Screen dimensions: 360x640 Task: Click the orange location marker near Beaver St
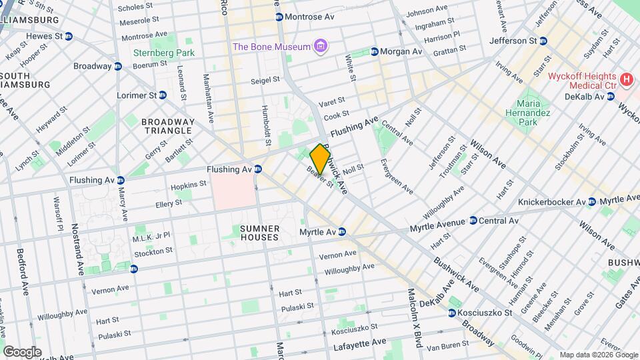[x=320, y=159]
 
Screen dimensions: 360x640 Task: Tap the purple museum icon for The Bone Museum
[x=321, y=47]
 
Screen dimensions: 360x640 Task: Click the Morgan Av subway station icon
[x=375, y=51]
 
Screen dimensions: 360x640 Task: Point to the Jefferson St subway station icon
[x=543, y=41]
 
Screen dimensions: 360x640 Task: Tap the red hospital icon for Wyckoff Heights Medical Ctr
[x=626, y=81]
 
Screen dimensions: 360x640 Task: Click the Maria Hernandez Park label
[x=536, y=113]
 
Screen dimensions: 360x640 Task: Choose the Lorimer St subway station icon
[x=163, y=95]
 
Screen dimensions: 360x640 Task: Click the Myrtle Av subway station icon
[x=341, y=232]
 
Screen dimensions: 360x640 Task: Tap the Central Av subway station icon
[x=473, y=221]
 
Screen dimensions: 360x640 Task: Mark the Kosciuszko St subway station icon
[x=453, y=313]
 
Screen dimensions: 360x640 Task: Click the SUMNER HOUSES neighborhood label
[x=259, y=233]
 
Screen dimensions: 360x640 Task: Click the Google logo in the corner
[x=22, y=351]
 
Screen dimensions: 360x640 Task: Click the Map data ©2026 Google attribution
[x=598, y=355]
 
